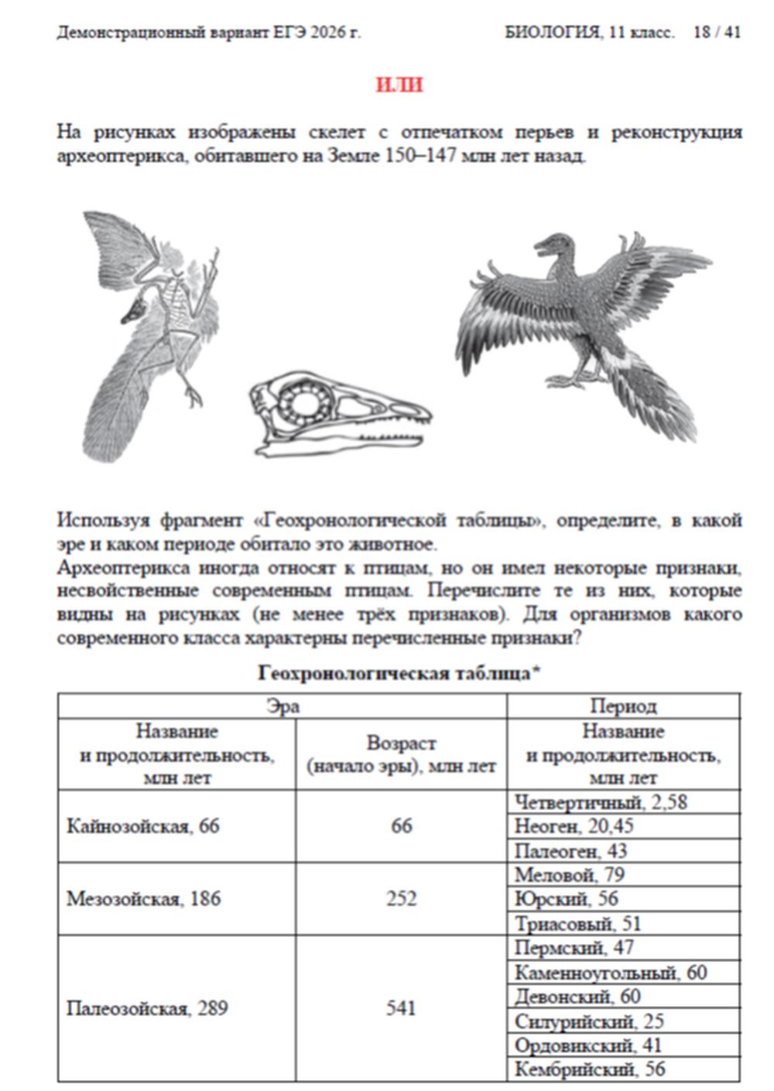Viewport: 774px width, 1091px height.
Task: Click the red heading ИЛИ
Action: tap(399, 84)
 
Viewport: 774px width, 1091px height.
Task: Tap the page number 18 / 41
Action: tap(717, 32)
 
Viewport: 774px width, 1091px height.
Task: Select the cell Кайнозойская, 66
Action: tap(143, 826)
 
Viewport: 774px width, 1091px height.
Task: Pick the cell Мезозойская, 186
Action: tap(143, 899)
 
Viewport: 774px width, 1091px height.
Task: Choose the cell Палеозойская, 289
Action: tap(146, 1009)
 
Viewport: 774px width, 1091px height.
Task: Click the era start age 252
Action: tap(401, 899)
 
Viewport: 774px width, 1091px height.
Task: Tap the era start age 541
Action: tap(401, 1009)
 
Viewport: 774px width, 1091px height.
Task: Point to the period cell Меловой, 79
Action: tap(570, 875)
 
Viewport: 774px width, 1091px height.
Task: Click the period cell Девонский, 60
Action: tap(577, 997)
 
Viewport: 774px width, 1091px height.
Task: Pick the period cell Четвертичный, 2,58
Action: tap(601, 802)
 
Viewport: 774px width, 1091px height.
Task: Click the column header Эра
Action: tap(283, 706)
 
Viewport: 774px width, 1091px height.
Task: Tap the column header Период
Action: tap(623, 706)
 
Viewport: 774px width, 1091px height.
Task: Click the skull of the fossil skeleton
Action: tap(133, 310)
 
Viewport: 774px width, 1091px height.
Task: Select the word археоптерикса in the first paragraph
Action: tap(121, 156)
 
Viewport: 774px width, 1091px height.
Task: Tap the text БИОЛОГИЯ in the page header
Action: tap(551, 32)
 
